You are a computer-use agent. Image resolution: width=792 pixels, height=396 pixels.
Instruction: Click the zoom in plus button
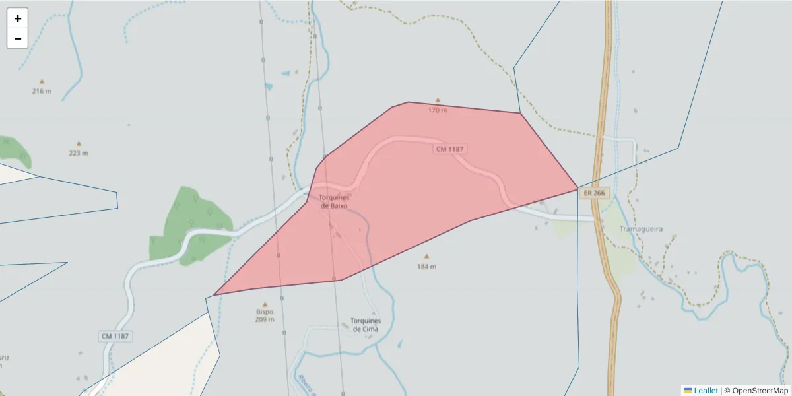[x=18, y=18]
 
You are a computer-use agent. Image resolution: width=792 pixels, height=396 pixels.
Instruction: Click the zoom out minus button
[x=18, y=38]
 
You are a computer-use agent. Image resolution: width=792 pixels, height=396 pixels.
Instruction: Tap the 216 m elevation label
[x=42, y=91]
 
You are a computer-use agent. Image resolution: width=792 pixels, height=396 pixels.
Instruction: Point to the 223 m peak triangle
[x=79, y=143]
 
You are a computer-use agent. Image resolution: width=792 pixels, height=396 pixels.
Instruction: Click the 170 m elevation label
[x=437, y=110]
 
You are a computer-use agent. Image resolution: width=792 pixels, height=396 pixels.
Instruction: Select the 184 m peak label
[x=426, y=267]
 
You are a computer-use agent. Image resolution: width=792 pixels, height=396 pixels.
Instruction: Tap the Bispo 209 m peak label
[x=265, y=315]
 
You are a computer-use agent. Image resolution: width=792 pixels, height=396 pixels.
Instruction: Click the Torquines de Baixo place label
[x=334, y=201]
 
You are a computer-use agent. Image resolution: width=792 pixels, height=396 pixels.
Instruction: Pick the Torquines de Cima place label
[x=366, y=325]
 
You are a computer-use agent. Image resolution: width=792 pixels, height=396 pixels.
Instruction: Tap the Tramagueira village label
[x=641, y=229]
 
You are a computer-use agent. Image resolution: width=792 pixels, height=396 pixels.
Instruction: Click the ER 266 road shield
[x=594, y=193]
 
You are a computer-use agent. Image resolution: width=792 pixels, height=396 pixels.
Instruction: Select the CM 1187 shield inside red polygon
[x=450, y=149]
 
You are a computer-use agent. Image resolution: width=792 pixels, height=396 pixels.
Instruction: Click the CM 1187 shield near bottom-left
[x=116, y=336]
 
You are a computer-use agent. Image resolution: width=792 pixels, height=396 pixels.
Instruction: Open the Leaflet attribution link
[x=705, y=391]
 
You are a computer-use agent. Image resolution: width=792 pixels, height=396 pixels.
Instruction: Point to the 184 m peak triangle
[x=426, y=256]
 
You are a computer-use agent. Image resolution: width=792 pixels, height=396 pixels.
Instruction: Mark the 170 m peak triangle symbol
[x=437, y=101]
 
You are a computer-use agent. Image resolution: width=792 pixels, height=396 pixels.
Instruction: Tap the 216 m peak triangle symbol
[x=42, y=82]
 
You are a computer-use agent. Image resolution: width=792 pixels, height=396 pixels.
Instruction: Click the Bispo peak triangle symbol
[x=265, y=304]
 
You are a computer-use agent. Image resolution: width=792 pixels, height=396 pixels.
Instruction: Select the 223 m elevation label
[x=79, y=153]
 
